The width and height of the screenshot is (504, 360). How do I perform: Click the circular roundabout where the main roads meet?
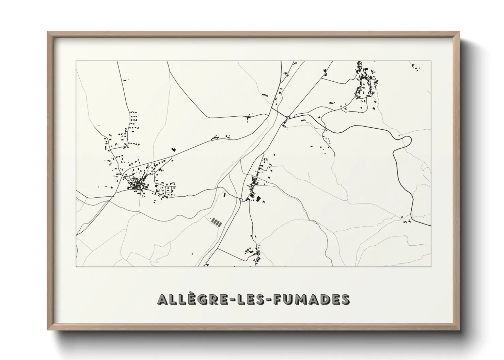click(x=288, y=118)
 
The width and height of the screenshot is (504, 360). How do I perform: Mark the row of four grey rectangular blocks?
click(x=216, y=222)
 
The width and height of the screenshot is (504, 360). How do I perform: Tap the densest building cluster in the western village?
click(x=137, y=185)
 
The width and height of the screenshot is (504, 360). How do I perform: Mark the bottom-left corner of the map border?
click(x=76, y=266)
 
